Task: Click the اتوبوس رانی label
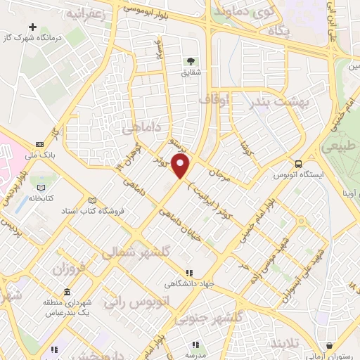pyautogui.click(x=135, y=301)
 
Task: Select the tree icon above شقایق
pyautogui.click(x=191, y=61)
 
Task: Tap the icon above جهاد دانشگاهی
pyautogui.click(x=188, y=273)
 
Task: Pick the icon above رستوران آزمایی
pyautogui.click(x=330, y=345)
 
